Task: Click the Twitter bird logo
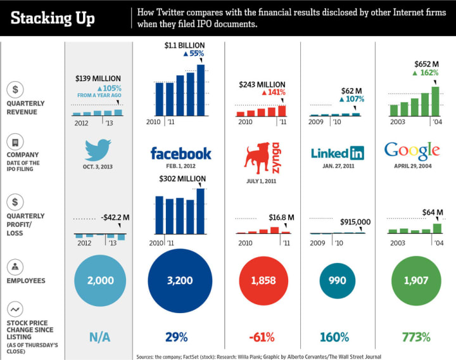(97, 151)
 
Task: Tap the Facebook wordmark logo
(180, 153)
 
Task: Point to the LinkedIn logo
(338, 153)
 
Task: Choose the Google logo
(412, 151)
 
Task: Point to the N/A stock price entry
(98, 337)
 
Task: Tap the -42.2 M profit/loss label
(114, 218)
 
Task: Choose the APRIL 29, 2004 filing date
(412, 166)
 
